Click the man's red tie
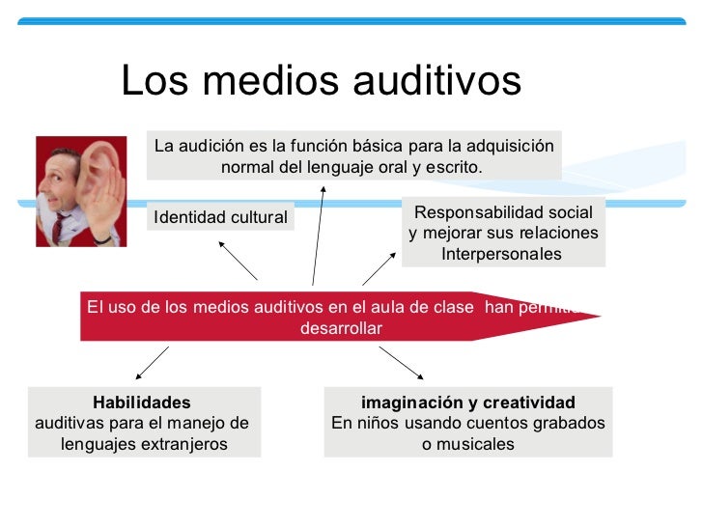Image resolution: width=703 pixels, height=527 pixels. [60, 227]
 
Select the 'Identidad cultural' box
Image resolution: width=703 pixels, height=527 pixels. [221, 218]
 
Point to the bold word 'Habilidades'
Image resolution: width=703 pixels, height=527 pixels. [142, 402]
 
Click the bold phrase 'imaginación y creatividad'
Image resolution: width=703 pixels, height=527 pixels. [468, 402]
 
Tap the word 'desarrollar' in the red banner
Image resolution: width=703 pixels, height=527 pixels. [342, 328]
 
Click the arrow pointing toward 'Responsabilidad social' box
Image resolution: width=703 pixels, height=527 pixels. [380, 266]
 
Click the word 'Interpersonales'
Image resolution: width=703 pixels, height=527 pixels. [501, 255]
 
